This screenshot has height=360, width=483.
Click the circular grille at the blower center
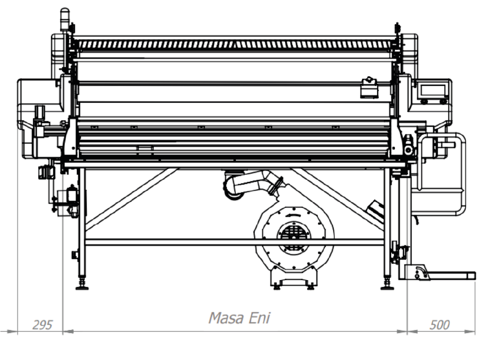[x=294, y=234]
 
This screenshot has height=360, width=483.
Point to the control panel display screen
[x=433, y=90]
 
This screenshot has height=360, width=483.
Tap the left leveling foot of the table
[x=82, y=285]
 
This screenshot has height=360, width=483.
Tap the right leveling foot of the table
[x=387, y=285]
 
